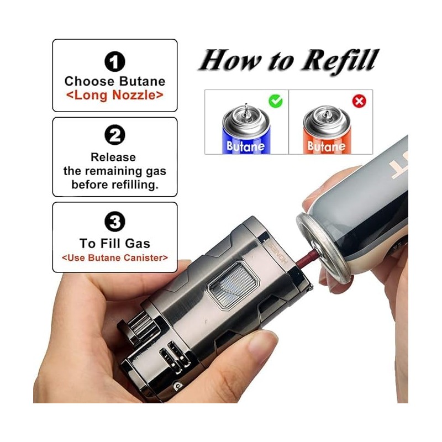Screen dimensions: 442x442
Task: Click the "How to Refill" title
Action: (x=289, y=60)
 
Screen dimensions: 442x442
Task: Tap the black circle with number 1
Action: (x=115, y=61)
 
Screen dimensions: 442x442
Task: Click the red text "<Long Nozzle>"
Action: (x=115, y=94)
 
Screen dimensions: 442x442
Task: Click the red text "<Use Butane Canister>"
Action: (x=115, y=257)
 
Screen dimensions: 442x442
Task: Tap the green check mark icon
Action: (x=275, y=101)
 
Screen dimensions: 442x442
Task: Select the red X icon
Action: (x=360, y=101)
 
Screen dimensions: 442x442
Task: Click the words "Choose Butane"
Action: (x=115, y=81)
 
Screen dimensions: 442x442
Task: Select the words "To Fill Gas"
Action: (x=115, y=243)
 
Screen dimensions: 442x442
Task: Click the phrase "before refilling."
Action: (x=115, y=185)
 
